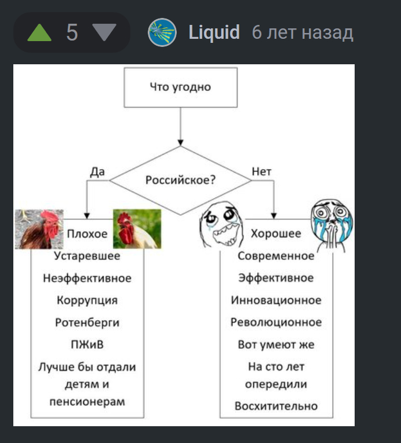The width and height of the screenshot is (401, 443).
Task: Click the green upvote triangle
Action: click(39, 33)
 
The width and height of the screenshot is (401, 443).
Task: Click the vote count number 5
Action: click(72, 32)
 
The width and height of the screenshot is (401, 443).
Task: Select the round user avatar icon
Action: click(162, 32)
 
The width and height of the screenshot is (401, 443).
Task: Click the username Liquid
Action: click(214, 32)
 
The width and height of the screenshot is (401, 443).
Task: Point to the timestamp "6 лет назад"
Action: click(302, 32)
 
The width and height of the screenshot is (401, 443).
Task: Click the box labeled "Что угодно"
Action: click(181, 87)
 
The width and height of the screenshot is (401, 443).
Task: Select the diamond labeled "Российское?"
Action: click(180, 180)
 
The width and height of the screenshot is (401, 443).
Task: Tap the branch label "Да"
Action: click(97, 171)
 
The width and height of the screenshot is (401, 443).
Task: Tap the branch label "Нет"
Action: click(261, 171)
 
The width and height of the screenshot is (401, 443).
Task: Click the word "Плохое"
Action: click(88, 234)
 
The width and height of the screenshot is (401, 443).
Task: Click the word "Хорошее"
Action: click(276, 233)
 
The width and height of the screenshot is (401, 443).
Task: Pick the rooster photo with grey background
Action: click(39, 229)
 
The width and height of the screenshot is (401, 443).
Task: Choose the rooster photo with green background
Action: click(137, 229)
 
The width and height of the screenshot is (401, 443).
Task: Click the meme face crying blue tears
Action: click(331, 226)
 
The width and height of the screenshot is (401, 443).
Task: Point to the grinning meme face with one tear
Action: click(222, 225)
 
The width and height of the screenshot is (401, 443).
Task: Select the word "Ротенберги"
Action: click(88, 323)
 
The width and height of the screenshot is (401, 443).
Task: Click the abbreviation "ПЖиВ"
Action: click(88, 345)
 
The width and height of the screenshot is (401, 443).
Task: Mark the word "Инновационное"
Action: click(276, 301)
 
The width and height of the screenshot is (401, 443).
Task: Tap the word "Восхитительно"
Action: click(276, 406)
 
